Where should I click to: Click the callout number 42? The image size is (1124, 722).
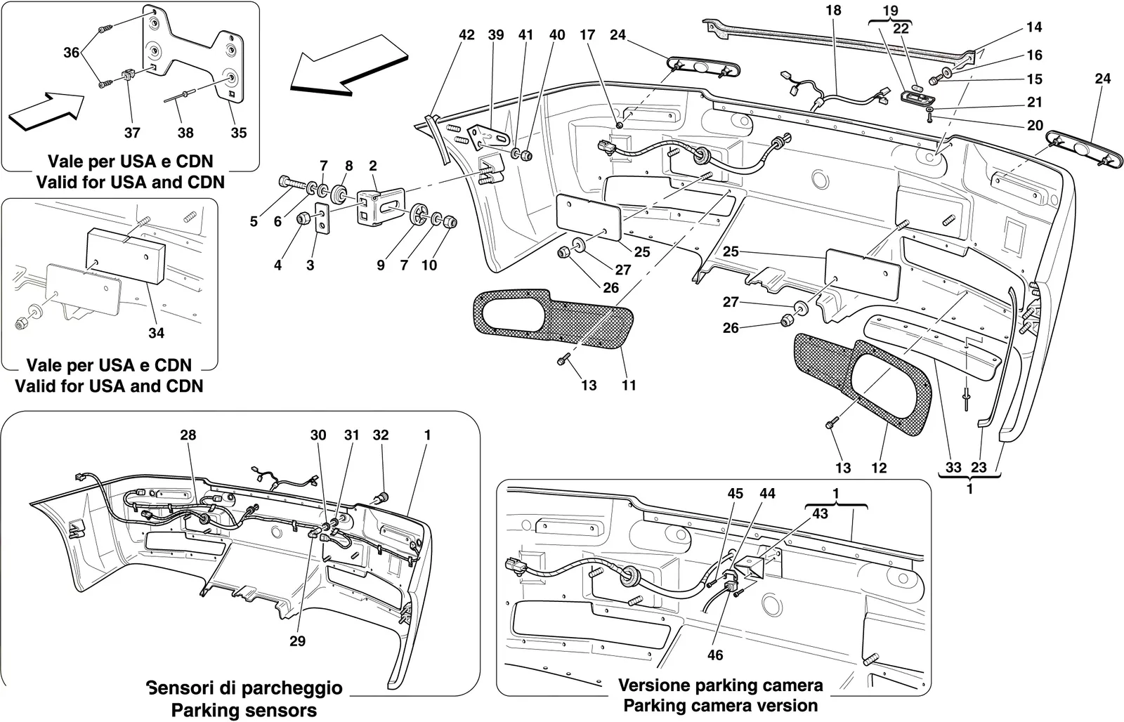pos(466,35)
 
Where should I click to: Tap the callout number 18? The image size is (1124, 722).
pos(833,10)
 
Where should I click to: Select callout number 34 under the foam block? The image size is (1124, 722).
pos(156,333)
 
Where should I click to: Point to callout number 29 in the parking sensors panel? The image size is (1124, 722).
pos(297,641)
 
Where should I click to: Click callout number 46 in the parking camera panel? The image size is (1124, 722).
pos(715,655)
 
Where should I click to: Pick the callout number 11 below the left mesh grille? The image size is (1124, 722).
pos(628,386)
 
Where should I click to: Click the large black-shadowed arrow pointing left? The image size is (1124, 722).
pos(349,64)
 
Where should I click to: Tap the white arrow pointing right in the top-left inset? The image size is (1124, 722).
pos(46,112)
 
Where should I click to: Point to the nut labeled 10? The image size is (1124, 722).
pos(450,222)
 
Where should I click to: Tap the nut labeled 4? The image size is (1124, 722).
pos(303,218)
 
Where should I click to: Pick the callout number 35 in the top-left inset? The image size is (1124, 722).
pos(239,133)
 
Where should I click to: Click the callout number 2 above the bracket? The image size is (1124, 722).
pos(372,166)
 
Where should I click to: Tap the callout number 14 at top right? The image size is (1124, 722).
pos(1033,27)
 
